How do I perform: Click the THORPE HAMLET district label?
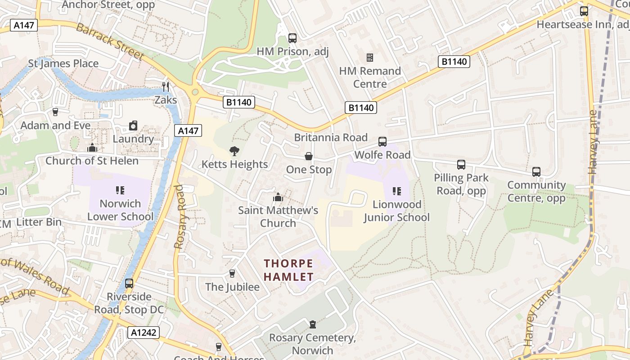(288, 270)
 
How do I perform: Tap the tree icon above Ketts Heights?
(234, 151)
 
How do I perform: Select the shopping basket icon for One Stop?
(309, 157)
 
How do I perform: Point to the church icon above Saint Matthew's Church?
(278, 197)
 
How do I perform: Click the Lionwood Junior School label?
(396, 211)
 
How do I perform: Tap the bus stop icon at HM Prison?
(292, 38)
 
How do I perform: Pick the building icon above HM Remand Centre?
(370, 57)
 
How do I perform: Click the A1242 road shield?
(144, 333)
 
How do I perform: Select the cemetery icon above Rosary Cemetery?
(312, 324)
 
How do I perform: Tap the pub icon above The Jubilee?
(232, 274)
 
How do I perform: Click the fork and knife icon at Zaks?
(166, 86)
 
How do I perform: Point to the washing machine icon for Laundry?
(133, 126)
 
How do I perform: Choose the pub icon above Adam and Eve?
(55, 112)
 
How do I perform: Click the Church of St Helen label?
(92, 161)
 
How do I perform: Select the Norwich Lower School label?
(120, 210)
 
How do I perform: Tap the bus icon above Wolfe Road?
(382, 142)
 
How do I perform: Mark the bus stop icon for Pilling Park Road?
(461, 165)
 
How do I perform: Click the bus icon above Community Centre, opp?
(536, 171)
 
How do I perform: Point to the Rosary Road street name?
(180, 216)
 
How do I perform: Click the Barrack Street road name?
(110, 41)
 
